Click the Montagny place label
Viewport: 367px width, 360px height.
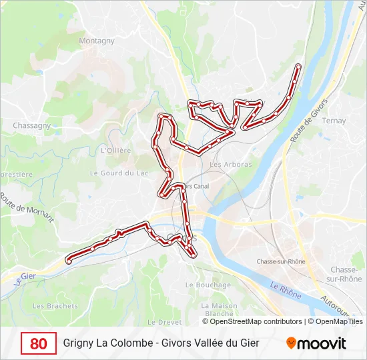97,41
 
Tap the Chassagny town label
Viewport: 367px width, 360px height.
32,125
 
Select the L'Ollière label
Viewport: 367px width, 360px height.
115,151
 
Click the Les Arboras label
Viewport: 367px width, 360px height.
231,165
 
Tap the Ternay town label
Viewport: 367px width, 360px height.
334,121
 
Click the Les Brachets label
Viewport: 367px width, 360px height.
55,306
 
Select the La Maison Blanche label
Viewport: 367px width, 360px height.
220,309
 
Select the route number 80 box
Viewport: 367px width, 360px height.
39,343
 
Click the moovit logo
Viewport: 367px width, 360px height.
316,343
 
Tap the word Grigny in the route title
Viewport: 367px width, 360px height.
78,343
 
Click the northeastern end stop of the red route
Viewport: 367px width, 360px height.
298,66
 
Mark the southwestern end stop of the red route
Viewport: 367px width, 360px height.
69,261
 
